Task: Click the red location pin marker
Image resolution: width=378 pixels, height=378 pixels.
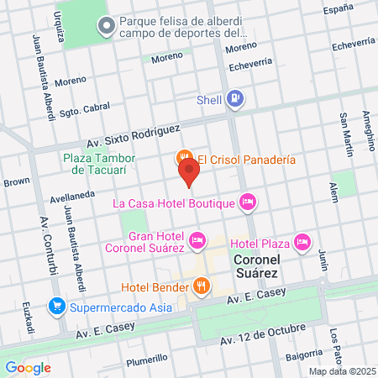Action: coord(189,172)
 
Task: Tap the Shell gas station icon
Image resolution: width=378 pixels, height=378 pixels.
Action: coord(236,99)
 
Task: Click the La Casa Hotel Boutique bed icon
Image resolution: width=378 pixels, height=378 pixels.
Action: coord(247,202)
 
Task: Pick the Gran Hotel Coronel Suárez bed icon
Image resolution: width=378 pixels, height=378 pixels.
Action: coord(197,240)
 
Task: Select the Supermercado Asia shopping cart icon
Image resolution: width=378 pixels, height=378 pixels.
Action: coord(56,304)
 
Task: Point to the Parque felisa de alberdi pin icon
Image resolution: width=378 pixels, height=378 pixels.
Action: coord(107,27)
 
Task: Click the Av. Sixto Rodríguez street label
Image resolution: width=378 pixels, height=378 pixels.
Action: coord(133,136)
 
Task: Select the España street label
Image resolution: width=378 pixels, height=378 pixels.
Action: coord(339,8)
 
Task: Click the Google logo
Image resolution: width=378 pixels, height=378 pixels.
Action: coord(28,367)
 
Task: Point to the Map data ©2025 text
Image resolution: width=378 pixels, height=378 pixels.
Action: coord(340,371)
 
